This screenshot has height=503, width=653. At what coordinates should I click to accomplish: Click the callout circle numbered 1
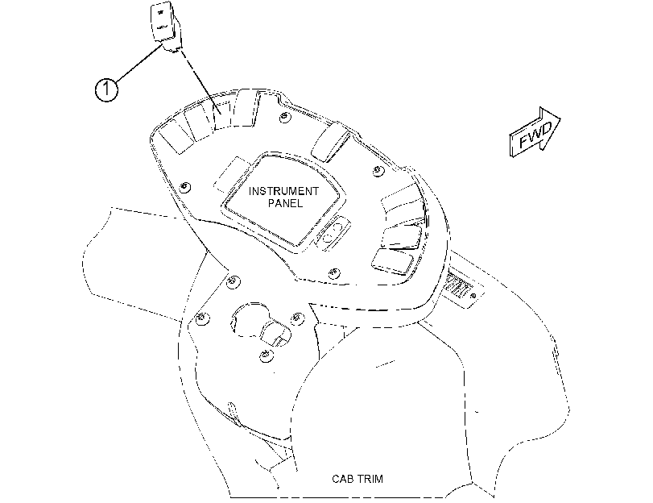[x=106, y=89]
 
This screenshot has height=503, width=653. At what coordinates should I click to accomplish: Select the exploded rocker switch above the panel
[x=165, y=27]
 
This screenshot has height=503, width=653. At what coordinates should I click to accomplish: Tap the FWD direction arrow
[x=535, y=132]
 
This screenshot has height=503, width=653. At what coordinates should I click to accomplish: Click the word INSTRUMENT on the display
[x=283, y=191]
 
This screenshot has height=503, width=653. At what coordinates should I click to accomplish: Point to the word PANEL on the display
[x=286, y=203]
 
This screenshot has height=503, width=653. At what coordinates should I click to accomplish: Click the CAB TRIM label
[x=357, y=478]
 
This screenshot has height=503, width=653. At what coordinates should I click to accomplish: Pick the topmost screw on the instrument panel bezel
[x=284, y=117]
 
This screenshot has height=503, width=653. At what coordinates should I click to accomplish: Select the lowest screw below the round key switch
[x=265, y=355]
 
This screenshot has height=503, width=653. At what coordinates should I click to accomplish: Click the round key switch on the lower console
[x=249, y=320]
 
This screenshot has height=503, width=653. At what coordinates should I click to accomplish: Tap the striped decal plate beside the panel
[x=462, y=288]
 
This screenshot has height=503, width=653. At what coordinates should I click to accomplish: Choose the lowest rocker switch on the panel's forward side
[x=392, y=261]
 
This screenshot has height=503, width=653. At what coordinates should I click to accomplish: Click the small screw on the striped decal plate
[x=473, y=296]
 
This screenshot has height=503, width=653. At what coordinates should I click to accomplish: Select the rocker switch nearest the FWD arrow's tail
[x=331, y=143]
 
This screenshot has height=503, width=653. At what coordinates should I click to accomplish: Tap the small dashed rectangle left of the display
[x=230, y=176]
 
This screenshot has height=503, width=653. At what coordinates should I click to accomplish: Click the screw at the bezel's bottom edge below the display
[x=333, y=273]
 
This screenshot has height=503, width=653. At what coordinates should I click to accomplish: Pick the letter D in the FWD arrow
[x=545, y=129]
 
